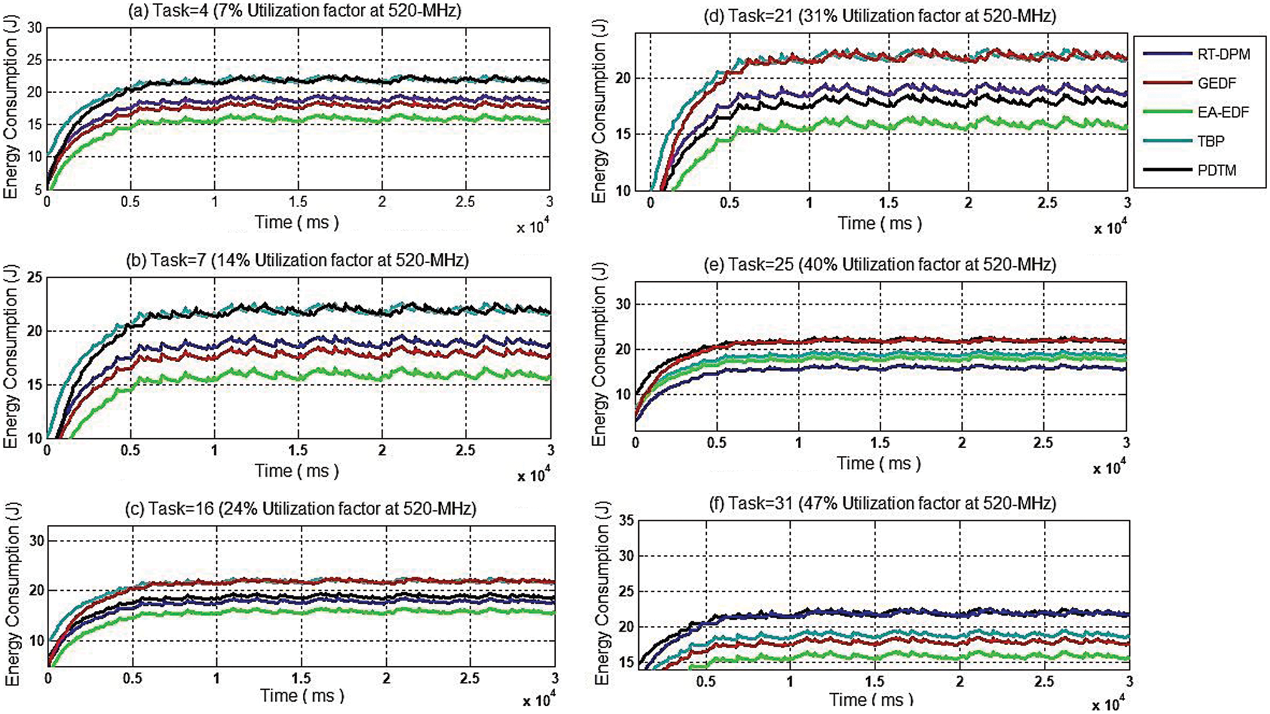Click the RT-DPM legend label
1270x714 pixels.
point(1223,54)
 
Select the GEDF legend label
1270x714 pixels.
point(1216,83)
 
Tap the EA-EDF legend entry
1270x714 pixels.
point(1222,112)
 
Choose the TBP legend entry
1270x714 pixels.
point(1210,141)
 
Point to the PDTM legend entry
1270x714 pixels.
point(1216,171)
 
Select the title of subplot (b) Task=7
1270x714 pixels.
point(297,261)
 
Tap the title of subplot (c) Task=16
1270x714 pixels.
point(300,509)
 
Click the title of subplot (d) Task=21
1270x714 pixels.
point(880,15)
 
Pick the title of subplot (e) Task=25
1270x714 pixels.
point(880,264)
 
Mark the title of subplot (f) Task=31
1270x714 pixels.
point(880,503)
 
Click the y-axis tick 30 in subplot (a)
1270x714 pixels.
point(34,27)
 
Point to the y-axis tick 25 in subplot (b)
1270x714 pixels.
point(34,278)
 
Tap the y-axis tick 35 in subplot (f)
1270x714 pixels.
point(626,521)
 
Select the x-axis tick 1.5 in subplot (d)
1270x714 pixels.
point(888,203)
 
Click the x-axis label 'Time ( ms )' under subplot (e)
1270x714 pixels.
point(879,463)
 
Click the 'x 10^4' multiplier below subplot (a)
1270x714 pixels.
point(531,227)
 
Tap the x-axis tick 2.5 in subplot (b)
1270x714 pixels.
point(465,450)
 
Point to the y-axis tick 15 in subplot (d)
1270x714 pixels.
point(623,135)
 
